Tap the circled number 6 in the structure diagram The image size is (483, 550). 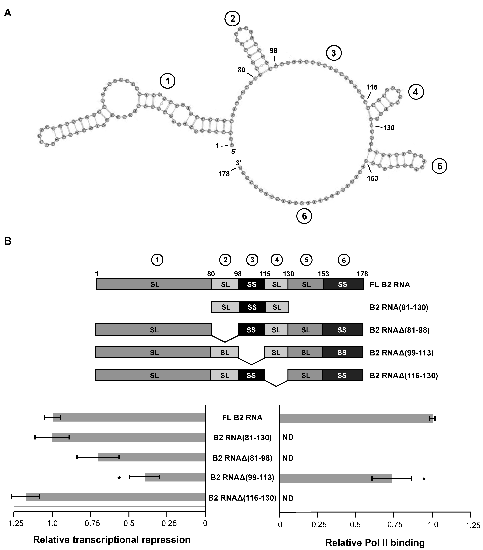pos(304,216)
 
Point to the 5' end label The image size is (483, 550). pos(234,152)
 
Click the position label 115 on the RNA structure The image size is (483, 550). pos(372,87)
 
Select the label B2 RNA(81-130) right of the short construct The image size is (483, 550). pos(399,307)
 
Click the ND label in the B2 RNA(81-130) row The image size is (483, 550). pos(288,437)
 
